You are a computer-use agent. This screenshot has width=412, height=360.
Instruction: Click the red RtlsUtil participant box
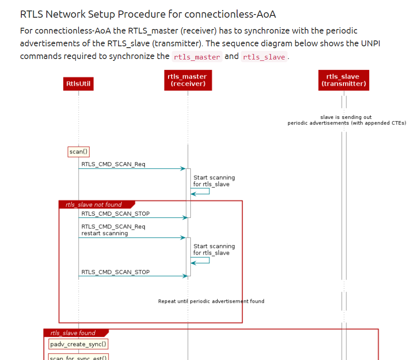pyautogui.click(x=78, y=84)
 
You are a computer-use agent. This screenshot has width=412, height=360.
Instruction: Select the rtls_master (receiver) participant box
pyautogui.click(x=188, y=80)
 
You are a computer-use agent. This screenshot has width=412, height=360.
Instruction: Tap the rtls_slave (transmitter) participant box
pyautogui.click(x=343, y=80)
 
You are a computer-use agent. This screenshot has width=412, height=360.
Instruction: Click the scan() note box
pyautogui.click(x=79, y=152)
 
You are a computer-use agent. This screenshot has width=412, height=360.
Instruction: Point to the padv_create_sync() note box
pyautogui.click(x=79, y=345)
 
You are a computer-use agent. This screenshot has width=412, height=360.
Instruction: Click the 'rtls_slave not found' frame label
pyautogui.click(x=94, y=205)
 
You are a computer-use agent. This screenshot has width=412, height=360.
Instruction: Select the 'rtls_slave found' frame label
pyautogui.click(x=73, y=333)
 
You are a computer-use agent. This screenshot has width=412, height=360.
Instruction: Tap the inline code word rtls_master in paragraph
pyautogui.click(x=197, y=57)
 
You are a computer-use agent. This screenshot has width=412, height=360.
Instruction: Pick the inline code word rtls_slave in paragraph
pyautogui.click(x=264, y=57)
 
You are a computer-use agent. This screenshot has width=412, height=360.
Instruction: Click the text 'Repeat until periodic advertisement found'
pyautogui.click(x=211, y=301)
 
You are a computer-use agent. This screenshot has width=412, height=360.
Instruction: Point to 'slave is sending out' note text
pyautogui.click(x=346, y=117)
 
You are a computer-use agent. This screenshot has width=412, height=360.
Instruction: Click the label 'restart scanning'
pyautogui.click(x=105, y=233)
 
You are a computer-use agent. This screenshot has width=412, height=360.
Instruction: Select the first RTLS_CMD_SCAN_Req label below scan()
pyautogui.click(x=114, y=164)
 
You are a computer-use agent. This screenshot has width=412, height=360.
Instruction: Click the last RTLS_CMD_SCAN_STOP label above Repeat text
pyautogui.click(x=115, y=272)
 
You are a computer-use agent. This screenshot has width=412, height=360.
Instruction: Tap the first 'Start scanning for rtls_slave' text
pyautogui.click(x=214, y=181)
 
